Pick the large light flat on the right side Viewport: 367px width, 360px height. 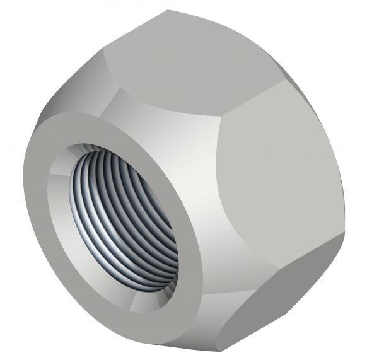(277, 170)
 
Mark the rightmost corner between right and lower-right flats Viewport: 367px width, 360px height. (344, 231)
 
